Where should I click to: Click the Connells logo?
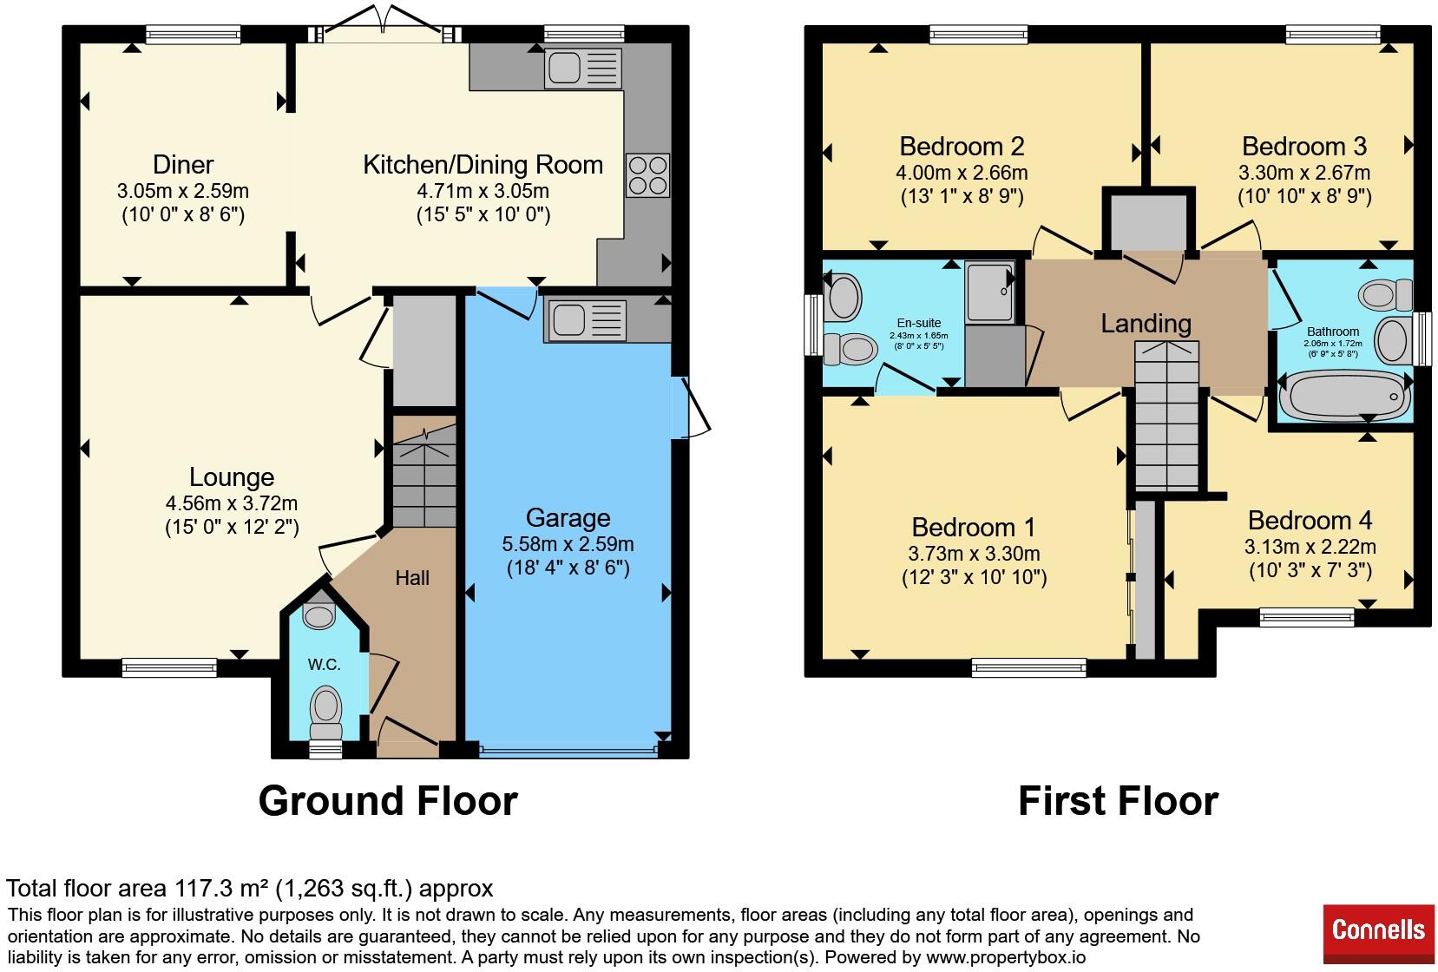[1378, 934]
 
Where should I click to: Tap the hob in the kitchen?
[647, 175]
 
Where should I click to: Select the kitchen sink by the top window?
[583, 68]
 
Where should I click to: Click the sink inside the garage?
[586, 320]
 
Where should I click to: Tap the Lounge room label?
[232, 477]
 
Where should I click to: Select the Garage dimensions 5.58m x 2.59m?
[568, 544]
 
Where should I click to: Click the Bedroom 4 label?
[1310, 520]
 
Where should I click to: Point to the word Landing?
[1146, 324]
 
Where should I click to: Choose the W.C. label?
[325, 665]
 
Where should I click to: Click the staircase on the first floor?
[1166, 416]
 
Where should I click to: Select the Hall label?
[412, 578]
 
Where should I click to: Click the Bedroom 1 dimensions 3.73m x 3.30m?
[974, 554]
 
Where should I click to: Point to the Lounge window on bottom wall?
[169, 667]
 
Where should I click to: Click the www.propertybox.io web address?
[1006, 957]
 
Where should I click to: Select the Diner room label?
[183, 164]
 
